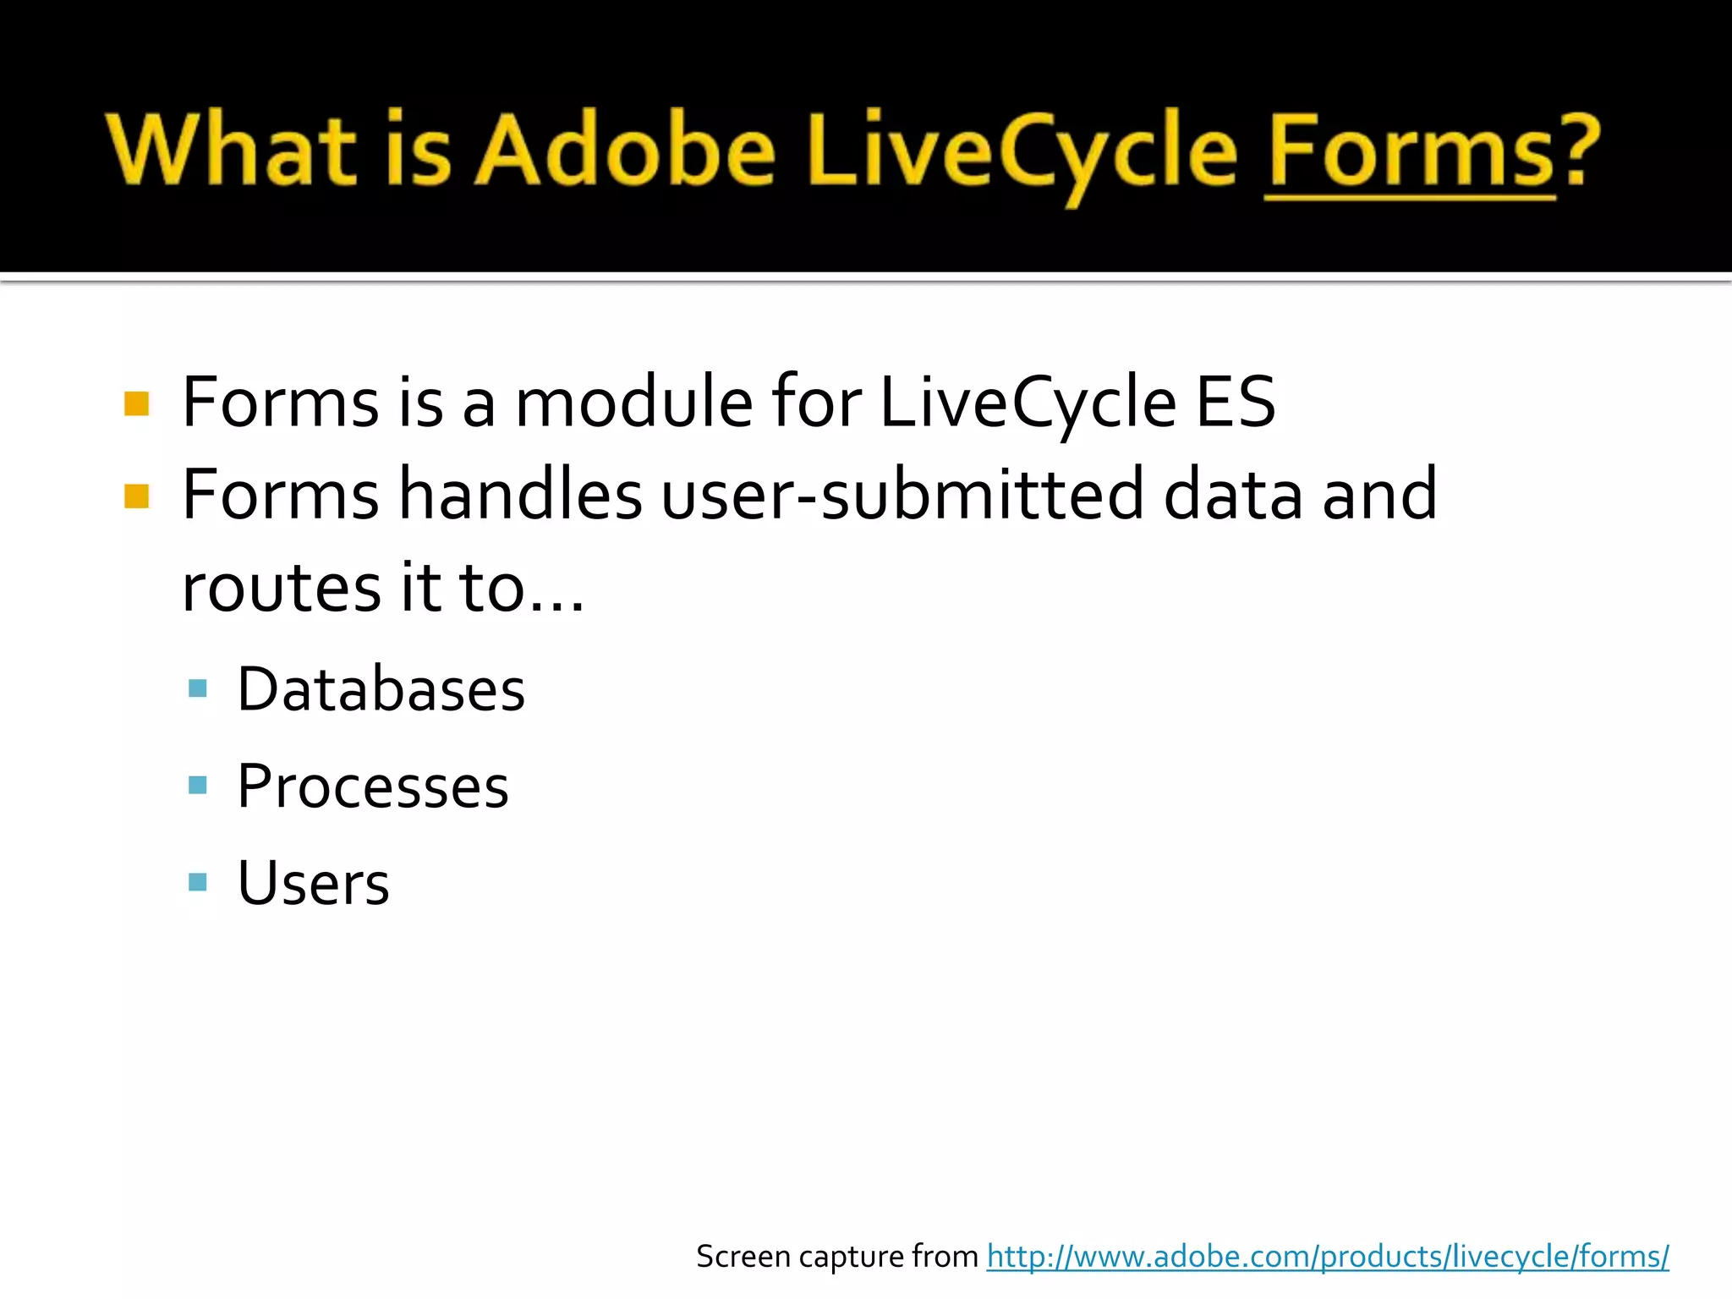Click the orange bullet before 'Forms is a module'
136,403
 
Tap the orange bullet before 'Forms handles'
136,496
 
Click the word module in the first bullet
633,403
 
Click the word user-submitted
902,495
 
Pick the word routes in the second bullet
282,588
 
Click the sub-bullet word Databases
381,689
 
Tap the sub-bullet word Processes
373,787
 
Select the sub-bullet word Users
313,883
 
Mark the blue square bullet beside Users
198,882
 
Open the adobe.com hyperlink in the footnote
1328,1257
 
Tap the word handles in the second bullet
519,495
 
